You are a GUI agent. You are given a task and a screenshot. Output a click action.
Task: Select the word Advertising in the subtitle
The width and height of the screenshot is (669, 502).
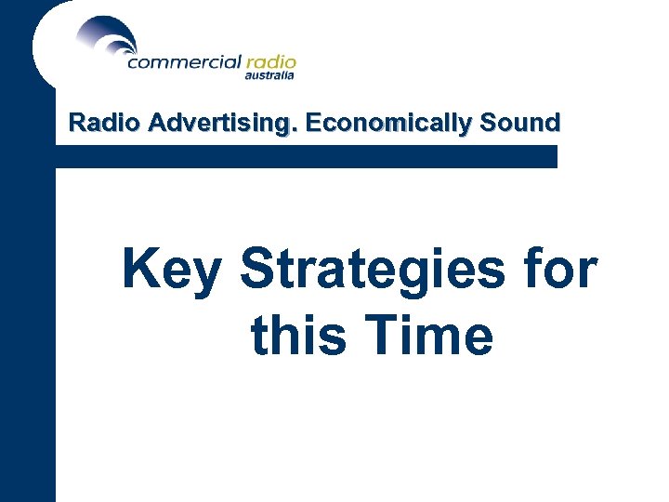pyautogui.click(x=214, y=124)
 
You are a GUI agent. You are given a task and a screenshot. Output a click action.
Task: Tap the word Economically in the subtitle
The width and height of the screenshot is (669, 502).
pyautogui.click(x=387, y=124)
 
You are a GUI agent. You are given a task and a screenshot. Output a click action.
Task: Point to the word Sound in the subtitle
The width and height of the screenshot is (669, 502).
pyautogui.click(x=520, y=123)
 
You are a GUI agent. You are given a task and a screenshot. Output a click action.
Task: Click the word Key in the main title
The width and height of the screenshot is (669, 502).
pyautogui.click(x=172, y=271)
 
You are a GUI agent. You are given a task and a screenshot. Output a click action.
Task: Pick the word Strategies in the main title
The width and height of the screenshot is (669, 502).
pyautogui.click(x=371, y=271)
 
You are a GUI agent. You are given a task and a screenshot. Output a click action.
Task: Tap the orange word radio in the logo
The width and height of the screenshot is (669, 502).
pyautogui.click(x=270, y=63)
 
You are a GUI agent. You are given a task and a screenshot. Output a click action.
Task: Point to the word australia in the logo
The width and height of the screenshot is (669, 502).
pyautogui.click(x=269, y=77)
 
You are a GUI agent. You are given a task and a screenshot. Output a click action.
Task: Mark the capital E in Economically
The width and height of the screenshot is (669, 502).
pyautogui.click(x=312, y=123)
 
